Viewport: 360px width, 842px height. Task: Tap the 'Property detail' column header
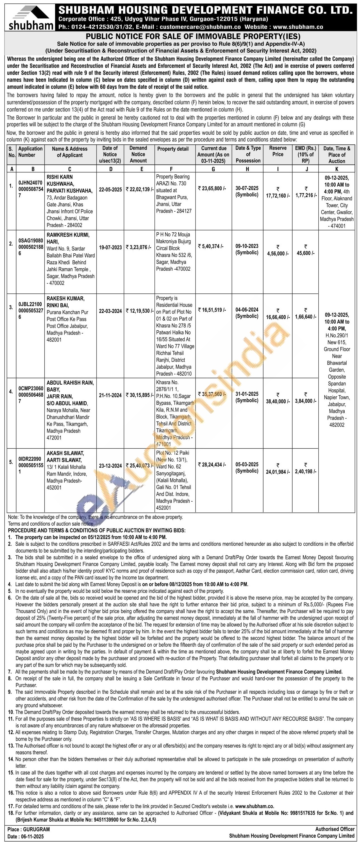tap(173, 149)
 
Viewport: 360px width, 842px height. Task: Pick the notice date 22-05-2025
tap(110, 190)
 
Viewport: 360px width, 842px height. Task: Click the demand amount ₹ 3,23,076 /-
tap(138, 247)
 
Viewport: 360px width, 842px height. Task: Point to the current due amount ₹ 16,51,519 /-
tap(212, 310)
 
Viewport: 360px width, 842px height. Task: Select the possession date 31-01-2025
tap(247, 394)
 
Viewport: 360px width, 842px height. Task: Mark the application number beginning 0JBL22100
tap(30, 304)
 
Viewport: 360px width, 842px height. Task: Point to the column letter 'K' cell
tap(337, 169)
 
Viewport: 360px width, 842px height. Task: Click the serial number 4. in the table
tap(11, 392)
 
